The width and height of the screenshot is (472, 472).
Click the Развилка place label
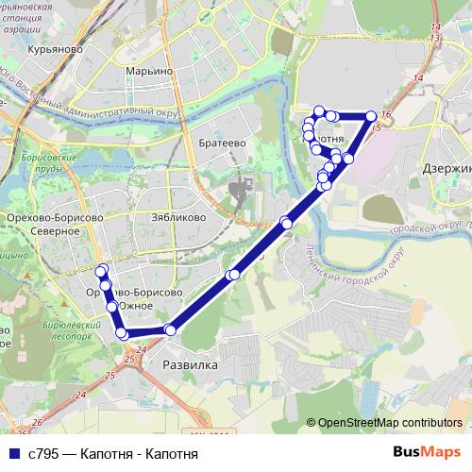190,364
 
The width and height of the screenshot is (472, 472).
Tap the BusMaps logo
426,452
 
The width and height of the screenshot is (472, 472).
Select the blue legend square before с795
12,453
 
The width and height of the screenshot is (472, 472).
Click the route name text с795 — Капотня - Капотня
113,453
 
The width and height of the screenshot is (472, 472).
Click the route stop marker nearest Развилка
170,329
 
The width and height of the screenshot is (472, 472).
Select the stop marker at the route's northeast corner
371,116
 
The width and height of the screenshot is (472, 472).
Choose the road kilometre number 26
37,422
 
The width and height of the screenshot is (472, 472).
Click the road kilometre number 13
433,37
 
